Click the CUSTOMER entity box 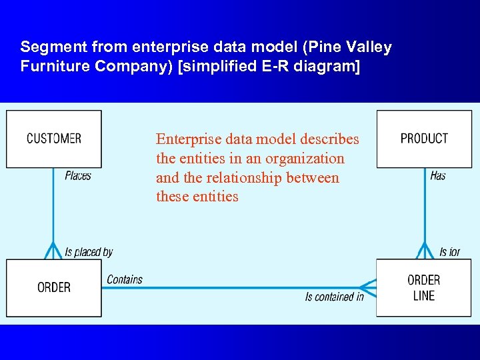(53, 139)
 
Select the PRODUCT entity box (424, 139)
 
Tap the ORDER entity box (53, 287)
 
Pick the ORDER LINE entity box (423, 287)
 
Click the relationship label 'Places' (78, 176)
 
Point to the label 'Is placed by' (89, 252)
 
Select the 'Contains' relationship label (125, 279)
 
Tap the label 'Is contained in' (334, 297)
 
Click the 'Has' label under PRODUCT (438, 176)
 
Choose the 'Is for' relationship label (449, 252)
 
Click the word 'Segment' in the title (47, 47)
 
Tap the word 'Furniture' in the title (52, 67)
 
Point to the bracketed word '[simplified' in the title (219, 67)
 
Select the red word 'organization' (305, 159)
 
